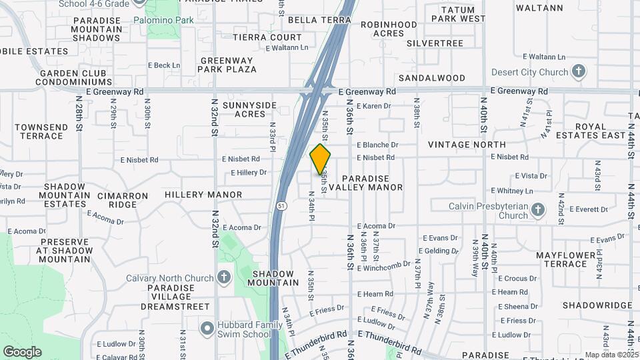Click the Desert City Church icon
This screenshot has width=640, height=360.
(x=579, y=71)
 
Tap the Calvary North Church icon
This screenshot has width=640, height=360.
(x=223, y=277)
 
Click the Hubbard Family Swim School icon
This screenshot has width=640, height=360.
(x=207, y=327)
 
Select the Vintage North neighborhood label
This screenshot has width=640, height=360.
(x=467, y=145)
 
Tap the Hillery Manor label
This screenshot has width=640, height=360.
(x=203, y=195)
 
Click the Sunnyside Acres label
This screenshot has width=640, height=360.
(x=249, y=109)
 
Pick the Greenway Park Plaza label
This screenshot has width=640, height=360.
(x=228, y=65)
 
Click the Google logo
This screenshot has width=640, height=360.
(x=22, y=352)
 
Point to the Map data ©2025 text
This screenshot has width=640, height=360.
(x=611, y=355)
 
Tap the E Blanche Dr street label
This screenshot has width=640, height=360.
(x=377, y=145)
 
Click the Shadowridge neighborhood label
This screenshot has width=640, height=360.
(x=597, y=305)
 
